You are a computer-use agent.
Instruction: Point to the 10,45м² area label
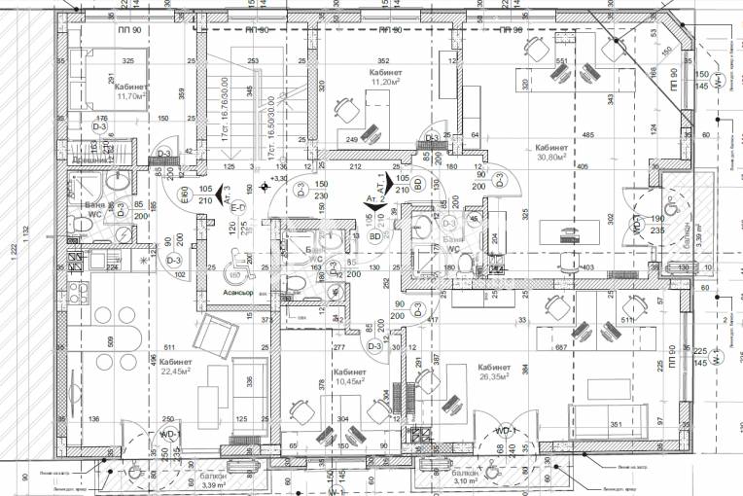point(350,381)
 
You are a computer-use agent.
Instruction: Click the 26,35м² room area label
point(495,377)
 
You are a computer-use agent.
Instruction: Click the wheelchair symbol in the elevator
point(239,259)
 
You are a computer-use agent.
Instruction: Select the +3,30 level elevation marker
point(278,178)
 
